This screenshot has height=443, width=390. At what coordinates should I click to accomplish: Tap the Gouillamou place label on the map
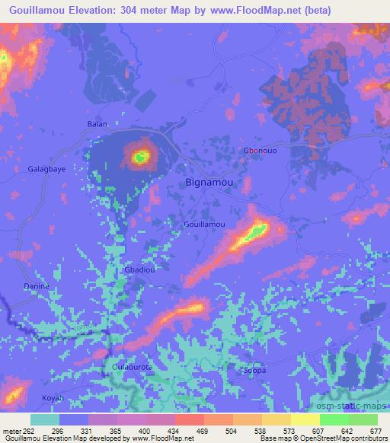click(x=204, y=225)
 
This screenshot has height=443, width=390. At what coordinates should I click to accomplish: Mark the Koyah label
click(x=52, y=398)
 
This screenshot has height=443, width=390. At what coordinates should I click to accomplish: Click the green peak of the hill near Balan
click(x=140, y=158)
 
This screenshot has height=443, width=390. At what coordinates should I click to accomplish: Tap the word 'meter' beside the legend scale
click(x=11, y=432)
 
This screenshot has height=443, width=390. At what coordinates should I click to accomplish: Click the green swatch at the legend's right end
click(x=362, y=419)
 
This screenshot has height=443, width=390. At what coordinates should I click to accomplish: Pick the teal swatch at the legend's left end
click(x=45, y=419)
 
